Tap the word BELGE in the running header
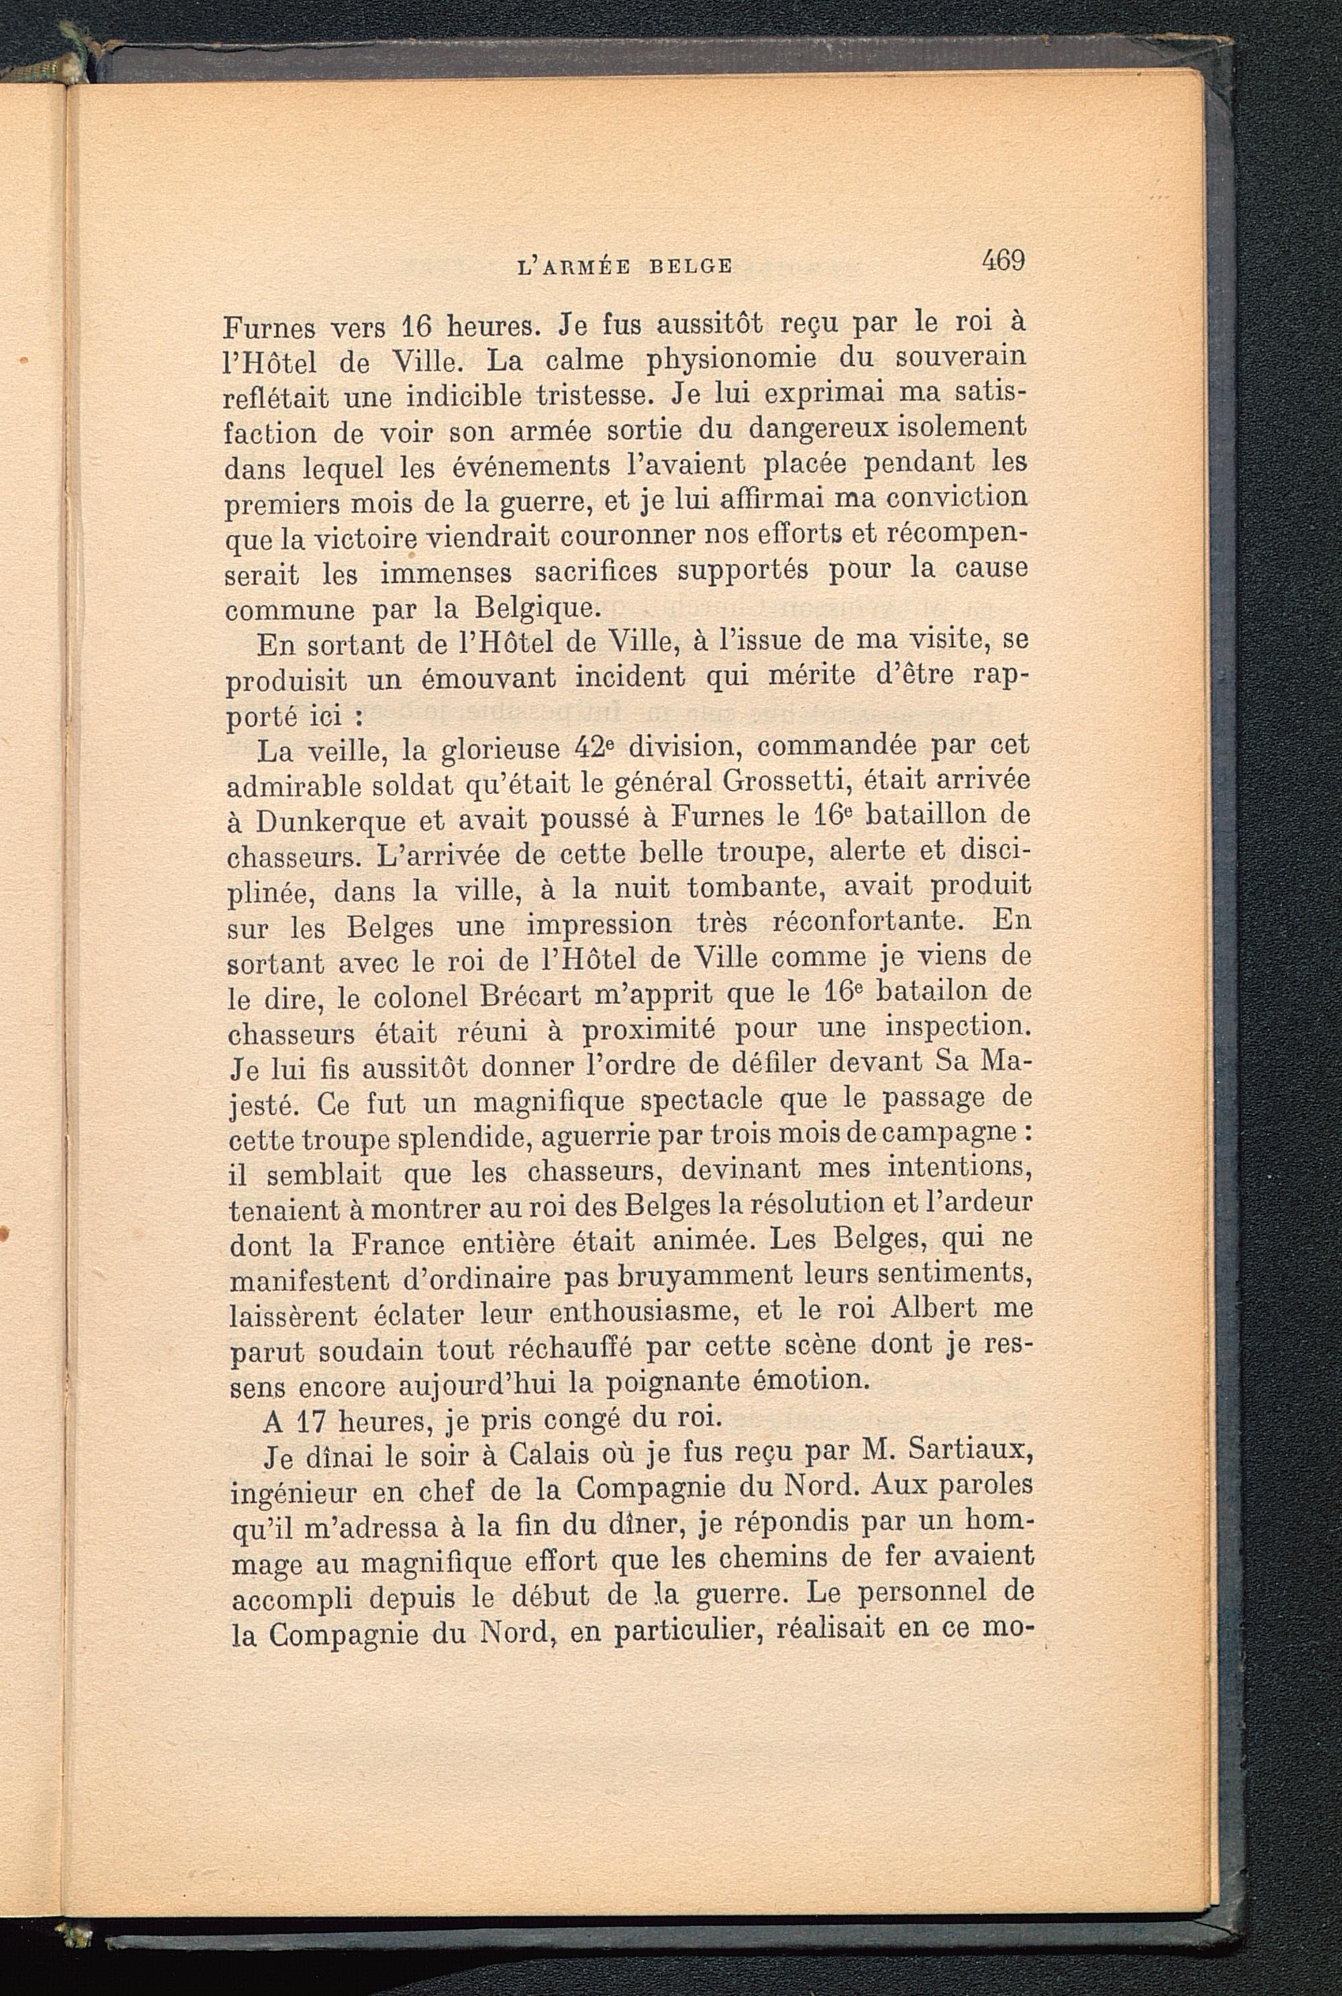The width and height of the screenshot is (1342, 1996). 690,266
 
